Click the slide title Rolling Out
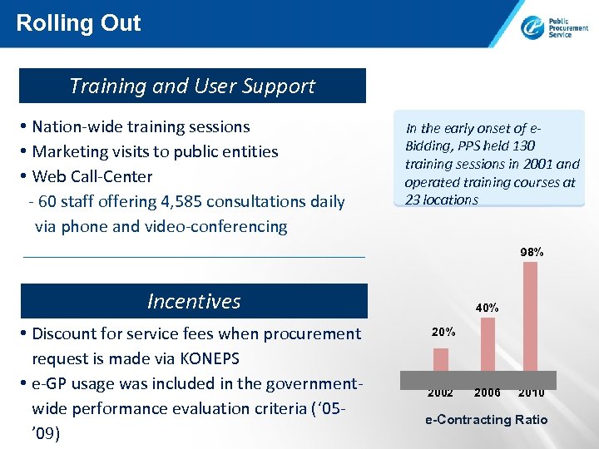pos(78,22)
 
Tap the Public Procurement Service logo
pos(554,27)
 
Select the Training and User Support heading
pos(192,86)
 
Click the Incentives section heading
pos(193,301)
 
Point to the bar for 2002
pos(441,359)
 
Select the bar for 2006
pos(488,343)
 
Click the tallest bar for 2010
pos(531,316)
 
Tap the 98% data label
pos(532,251)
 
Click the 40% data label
pos(487,308)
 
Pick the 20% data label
pos(443,332)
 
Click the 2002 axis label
pos(441,392)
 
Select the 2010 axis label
pos(531,392)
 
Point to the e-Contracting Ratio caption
pos(486,419)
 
